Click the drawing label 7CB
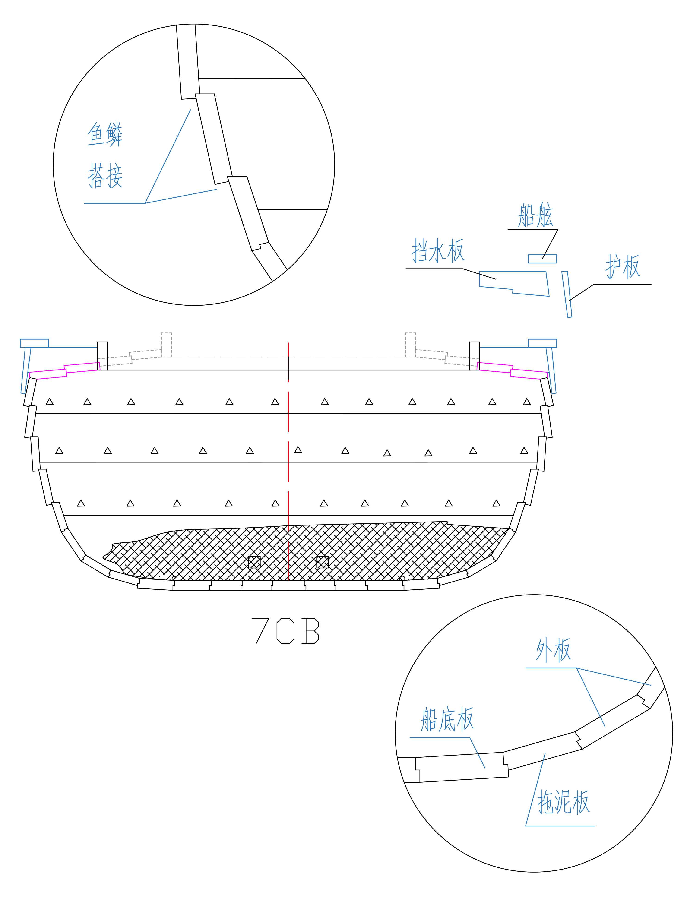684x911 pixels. tap(285, 630)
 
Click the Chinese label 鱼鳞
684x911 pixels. tap(105, 134)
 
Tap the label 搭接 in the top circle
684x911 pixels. tap(105, 176)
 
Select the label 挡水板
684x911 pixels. tap(438, 250)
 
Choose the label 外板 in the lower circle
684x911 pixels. tap(553, 649)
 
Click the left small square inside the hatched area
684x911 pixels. tap(254, 562)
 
